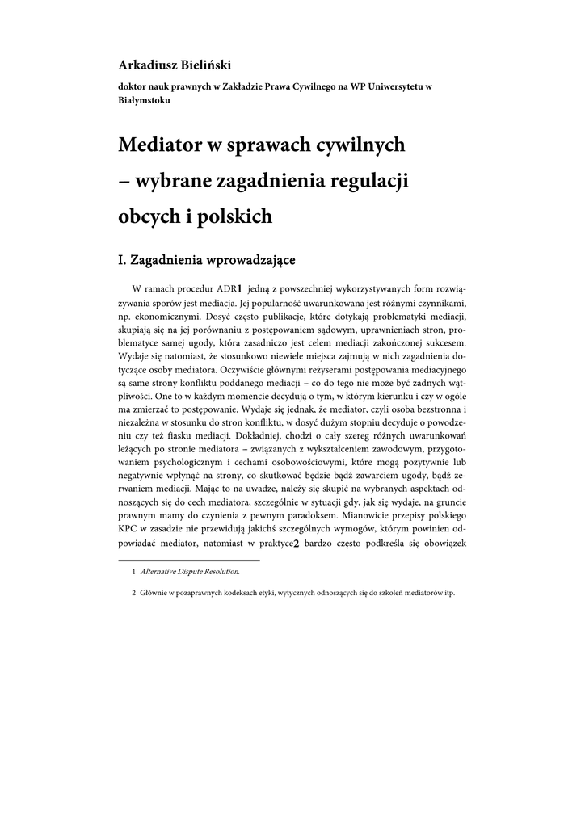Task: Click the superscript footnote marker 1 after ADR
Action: click(240, 288)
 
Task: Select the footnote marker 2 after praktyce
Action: click(297, 544)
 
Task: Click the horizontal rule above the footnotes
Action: click(189, 560)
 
